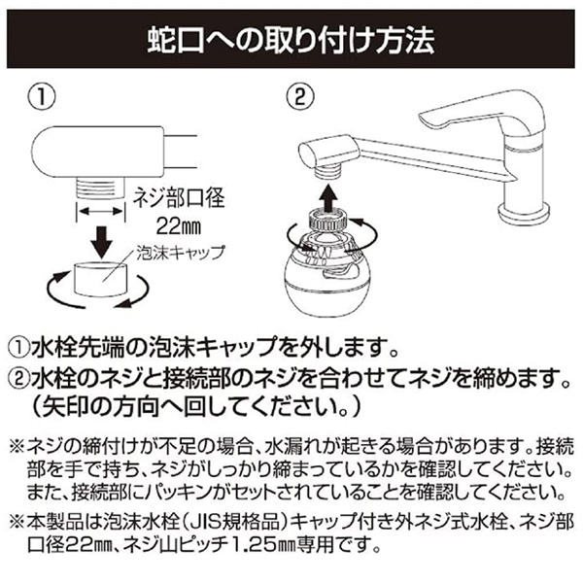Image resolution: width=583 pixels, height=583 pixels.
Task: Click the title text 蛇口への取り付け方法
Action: coord(291,40)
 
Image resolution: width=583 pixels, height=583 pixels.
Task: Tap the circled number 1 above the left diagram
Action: coord(42,97)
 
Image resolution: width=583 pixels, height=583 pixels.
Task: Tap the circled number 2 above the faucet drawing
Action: coord(299,97)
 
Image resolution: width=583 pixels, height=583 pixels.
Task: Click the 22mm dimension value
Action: coord(178,226)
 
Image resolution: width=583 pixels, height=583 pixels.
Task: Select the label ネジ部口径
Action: coord(179,197)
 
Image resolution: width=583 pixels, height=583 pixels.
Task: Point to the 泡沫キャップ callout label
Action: coord(181,253)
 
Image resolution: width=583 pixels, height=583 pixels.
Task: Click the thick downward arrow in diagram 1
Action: coord(101,242)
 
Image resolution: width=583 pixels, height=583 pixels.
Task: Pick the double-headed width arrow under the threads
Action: coord(100,211)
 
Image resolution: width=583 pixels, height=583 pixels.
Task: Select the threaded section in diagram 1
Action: coord(100,189)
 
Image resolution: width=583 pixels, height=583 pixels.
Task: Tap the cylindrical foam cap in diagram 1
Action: coord(101,279)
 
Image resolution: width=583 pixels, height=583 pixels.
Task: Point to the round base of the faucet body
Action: coord(524,213)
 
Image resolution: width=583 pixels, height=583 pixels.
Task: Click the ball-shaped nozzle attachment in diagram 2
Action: coord(323,275)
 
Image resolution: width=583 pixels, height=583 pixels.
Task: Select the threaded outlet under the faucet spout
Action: coord(327,173)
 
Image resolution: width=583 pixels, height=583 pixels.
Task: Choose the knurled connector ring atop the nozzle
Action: coord(327,221)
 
